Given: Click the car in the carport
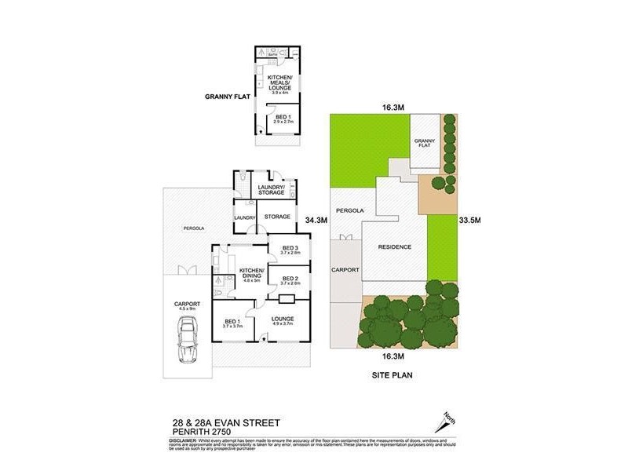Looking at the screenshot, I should click(x=188, y=345).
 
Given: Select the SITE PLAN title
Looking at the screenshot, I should click(x=393, y=375).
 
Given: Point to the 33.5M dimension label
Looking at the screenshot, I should click(x=469, y=221).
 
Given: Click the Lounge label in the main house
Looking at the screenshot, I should click(x=283, y=319).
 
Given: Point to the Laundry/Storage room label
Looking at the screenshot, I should click(x=271, y=189).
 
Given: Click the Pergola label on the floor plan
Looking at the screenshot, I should click(x=193, y=228).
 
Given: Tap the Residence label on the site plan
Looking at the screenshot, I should click(x=395, y=246).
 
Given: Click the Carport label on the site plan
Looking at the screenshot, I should click(x=345, y=269).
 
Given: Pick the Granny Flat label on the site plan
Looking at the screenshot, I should click(x=424, y=143).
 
